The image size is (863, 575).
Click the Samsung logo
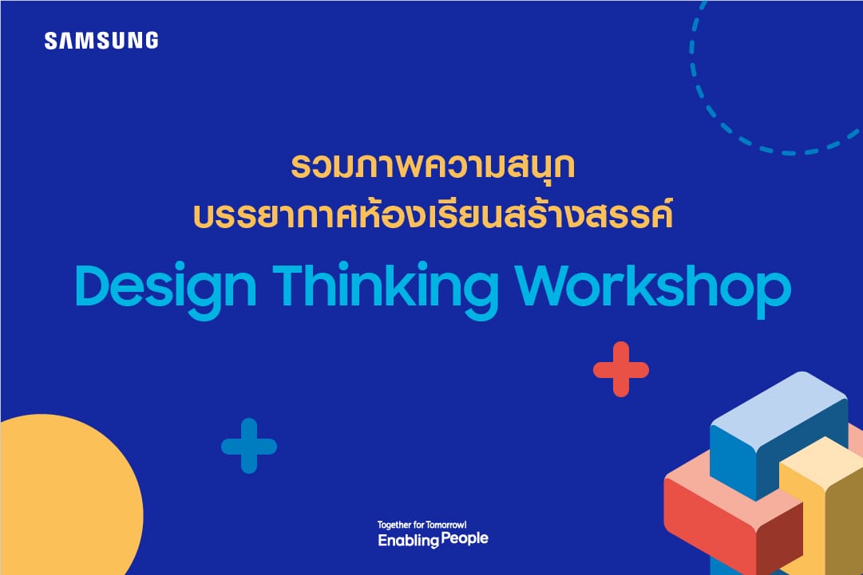coord(101,41)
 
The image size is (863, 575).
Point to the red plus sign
coord(621,369)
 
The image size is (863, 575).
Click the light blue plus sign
coord(249,446)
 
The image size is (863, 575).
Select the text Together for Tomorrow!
coord(422,525)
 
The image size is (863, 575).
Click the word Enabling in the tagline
coord(409,541)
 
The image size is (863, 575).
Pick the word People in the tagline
coord(465,539)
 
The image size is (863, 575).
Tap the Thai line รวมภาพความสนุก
coord(433,166)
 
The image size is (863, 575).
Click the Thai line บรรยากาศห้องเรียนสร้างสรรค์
coord(433,215)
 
